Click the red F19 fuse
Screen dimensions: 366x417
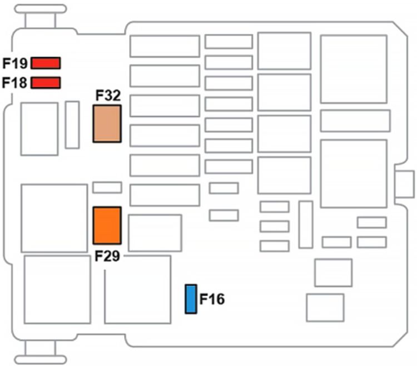pyautogui.click(x=46, y=62)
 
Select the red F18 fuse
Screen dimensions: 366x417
pyautogui.click(x=46, y=83)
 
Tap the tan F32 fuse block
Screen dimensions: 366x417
pyautogui.click(x=107, y=123)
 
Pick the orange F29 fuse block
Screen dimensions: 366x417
pyautogui.click(x=107, y=225)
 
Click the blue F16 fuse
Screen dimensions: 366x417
pyautogui.click(x=191, y=299)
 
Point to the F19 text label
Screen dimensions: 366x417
pyautogui.click(x=15, y=62)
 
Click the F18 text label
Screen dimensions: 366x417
pyautogui.click(x=15, y=83)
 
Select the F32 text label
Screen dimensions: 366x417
pyautogui.click(x=108, y=96)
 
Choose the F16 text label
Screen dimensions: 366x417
pyautogui.click(x=212, y=299)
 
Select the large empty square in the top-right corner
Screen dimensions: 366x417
pyautogui.click(x=354, y=69)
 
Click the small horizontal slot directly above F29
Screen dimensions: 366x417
pyautogui.click(x=107, y=187)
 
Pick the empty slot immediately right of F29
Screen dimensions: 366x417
pyautogui.click(x=155, y=233)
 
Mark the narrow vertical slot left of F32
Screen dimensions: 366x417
pyautogui.click(x=72, y=124)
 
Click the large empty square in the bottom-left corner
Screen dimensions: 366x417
pyautogui.click(x=57, y=289)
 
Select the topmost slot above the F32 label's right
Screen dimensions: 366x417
pyautogui.click(x=165, y=46)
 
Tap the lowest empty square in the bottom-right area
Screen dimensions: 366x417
pyautogui.click(x=325, y=307)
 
